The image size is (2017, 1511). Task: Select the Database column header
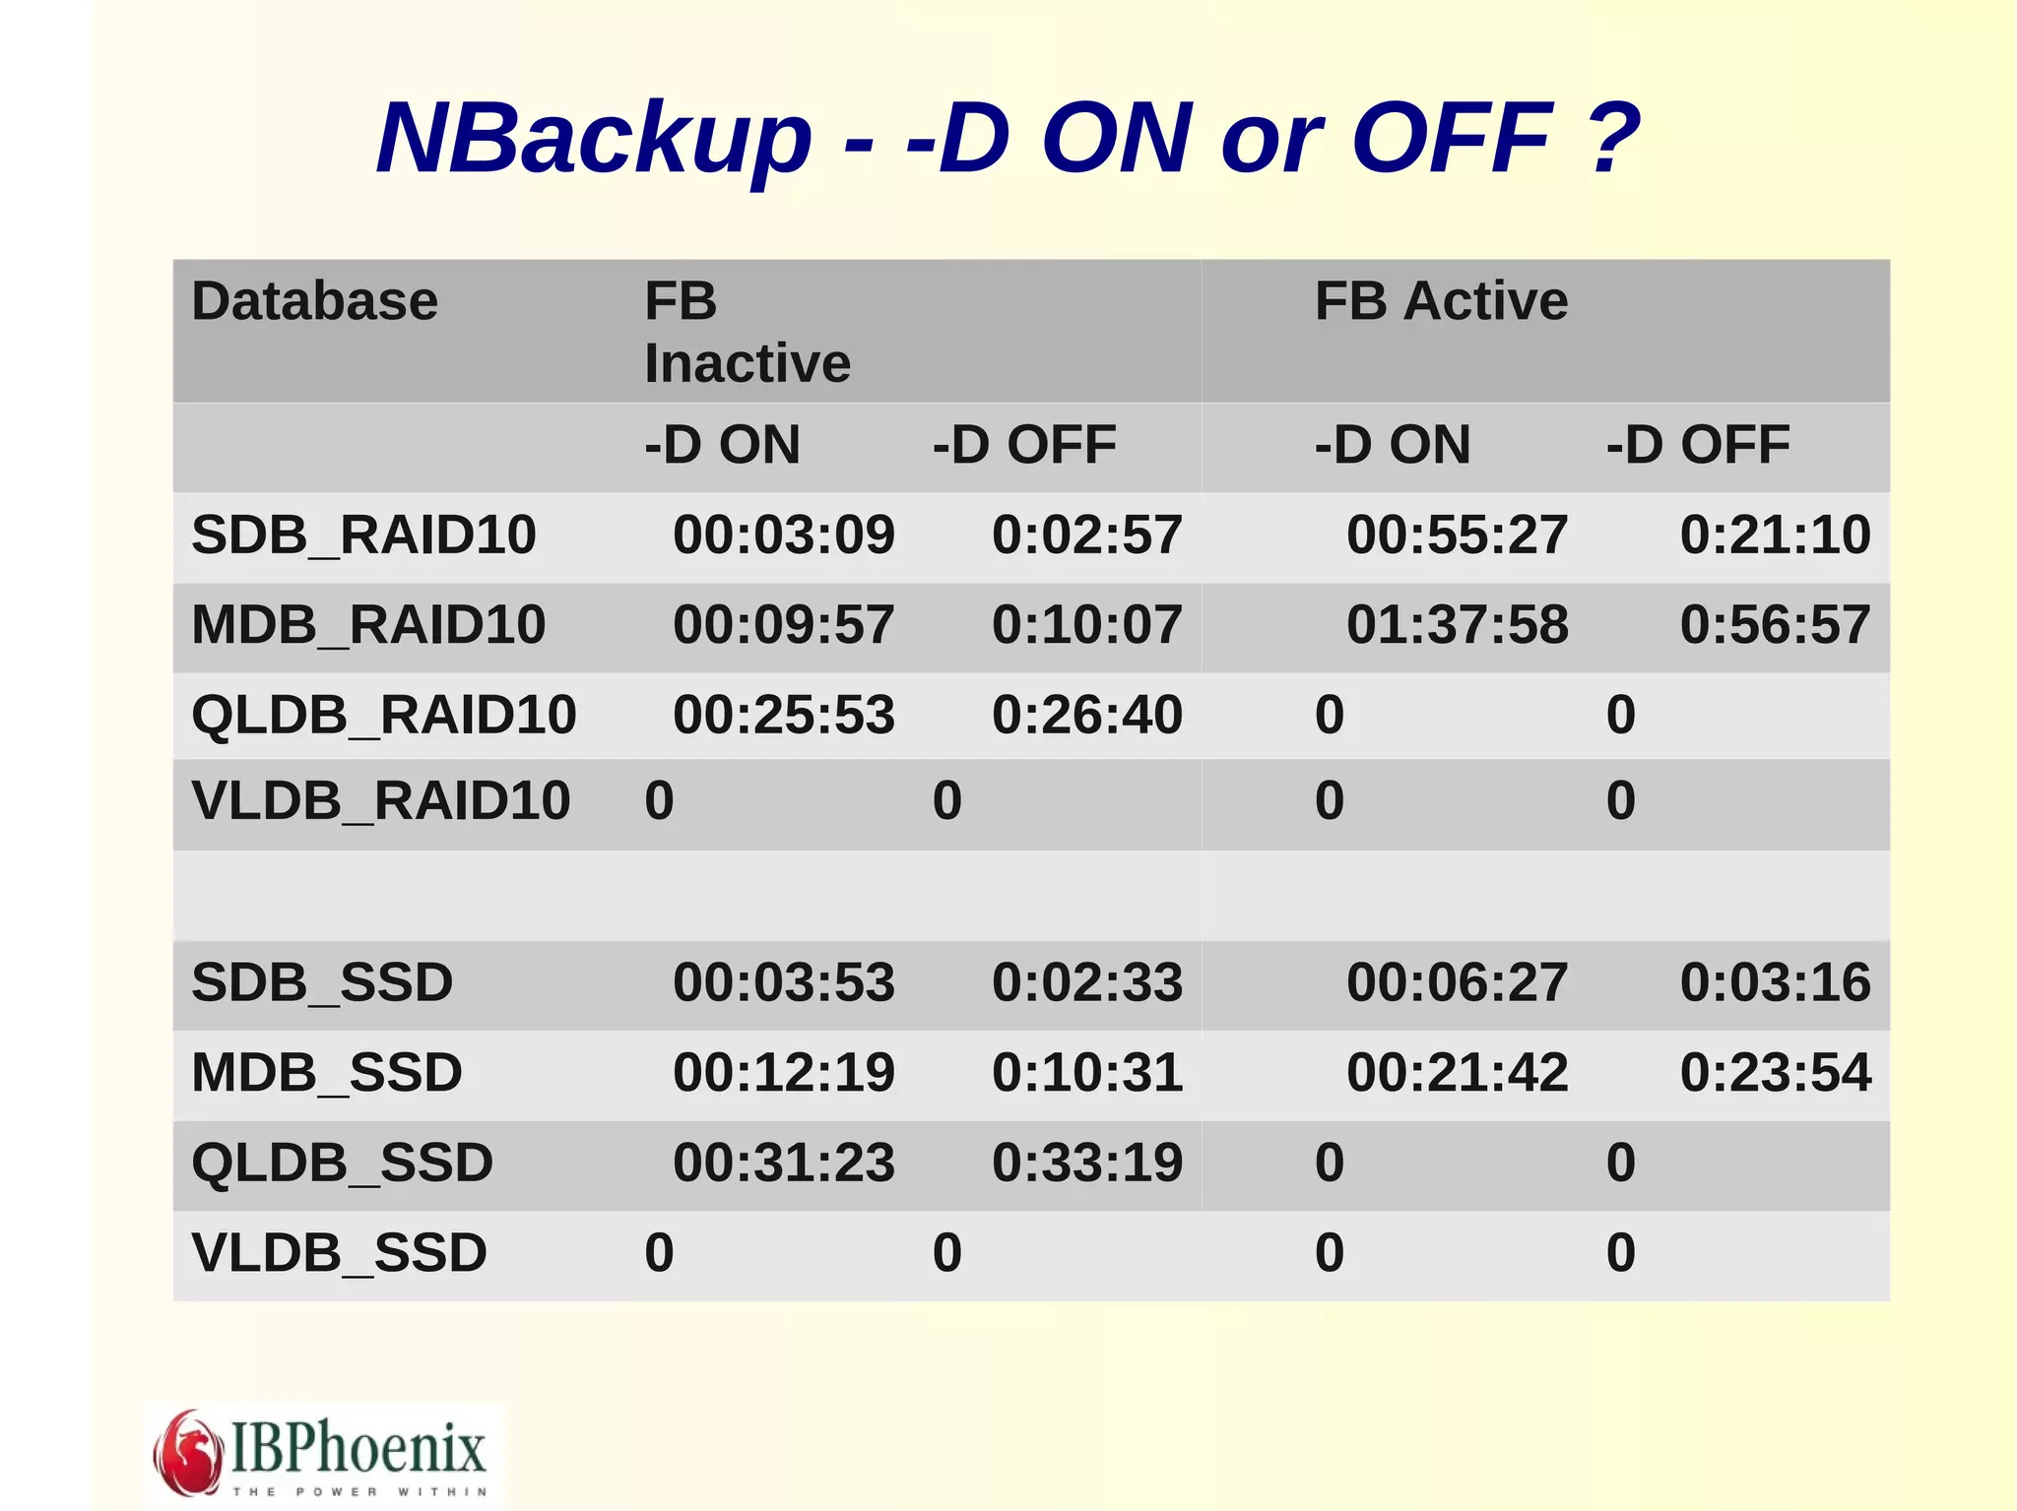coord(314,301)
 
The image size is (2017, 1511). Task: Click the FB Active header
coord(1441,301)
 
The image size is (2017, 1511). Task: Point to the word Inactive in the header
coord(747,363)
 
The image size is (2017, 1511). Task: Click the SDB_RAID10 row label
coord(363,535)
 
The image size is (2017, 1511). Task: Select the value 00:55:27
coord(1457,535)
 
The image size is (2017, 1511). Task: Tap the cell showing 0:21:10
coord(1774,535)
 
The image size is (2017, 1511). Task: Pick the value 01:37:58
coord(1457,625)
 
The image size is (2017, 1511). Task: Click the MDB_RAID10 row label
coord(368,625)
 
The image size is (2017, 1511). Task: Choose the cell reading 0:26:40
coord(1086,715)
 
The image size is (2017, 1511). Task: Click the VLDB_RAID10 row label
coord(380,800)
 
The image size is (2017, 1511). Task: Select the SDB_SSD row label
coord(322,982)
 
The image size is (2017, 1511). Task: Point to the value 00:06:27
coord(1457,982)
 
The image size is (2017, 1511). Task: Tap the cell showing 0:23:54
coord(1774,1072)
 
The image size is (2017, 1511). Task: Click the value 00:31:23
coord(783,1163)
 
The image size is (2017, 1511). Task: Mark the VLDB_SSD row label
coord(339,1253)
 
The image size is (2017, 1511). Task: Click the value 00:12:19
coord(783,1072)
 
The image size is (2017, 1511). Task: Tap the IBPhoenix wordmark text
coord(358,1447)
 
